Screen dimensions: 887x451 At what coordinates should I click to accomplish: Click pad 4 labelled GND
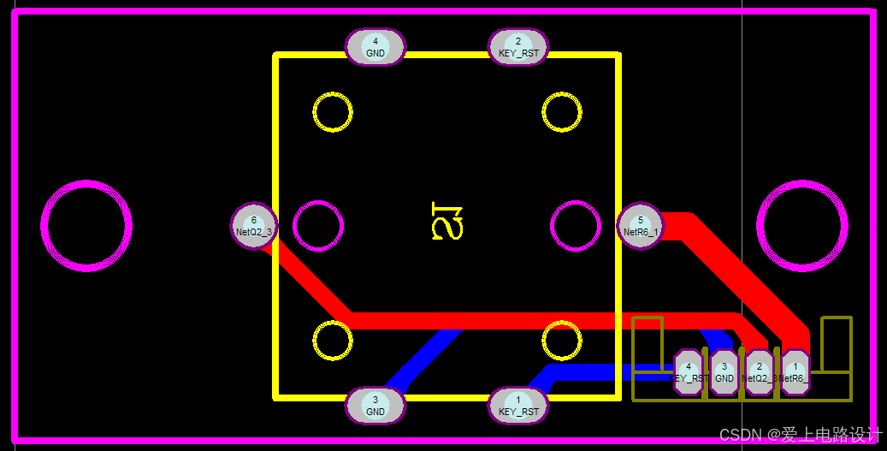(375, 47)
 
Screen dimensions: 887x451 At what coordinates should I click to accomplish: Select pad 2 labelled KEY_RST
(518, 47)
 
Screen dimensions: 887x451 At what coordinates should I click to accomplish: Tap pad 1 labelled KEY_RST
(518, 406)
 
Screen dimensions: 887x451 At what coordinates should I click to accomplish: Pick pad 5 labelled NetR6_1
(640, 226)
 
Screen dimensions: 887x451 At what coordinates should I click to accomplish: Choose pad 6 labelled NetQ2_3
(254, 226)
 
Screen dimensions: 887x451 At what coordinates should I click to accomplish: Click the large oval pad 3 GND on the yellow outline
(375, 406)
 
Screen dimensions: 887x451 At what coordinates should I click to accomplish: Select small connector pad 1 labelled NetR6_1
(795, 372)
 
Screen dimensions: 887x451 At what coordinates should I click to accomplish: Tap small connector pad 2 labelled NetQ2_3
(759, 372)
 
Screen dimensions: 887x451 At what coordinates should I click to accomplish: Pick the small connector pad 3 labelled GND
(724, 372)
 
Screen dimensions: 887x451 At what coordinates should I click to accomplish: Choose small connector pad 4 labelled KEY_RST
(689, 372)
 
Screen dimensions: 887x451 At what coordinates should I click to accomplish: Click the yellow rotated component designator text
(447, 220)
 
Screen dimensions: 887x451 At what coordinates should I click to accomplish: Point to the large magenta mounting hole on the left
(86, 226)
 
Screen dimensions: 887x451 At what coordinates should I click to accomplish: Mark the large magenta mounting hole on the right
(801, 226)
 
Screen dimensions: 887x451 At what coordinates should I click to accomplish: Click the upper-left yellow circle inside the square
(333, 112)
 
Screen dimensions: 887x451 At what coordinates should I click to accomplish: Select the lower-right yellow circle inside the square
(562, 341)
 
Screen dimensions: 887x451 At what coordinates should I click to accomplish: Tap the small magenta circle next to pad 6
(318, 226)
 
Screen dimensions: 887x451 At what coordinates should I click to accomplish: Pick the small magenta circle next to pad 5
(576, 226)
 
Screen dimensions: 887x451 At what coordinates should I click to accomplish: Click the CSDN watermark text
(800, 435)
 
